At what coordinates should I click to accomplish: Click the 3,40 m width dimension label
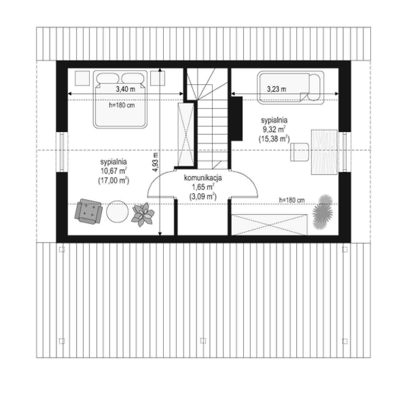pos(125,89)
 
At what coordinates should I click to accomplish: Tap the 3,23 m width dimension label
pos(277,89)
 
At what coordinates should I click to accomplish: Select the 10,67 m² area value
pos(114,170)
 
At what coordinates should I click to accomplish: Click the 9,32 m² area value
pos(274,129)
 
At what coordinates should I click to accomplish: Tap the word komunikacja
pos(203,178)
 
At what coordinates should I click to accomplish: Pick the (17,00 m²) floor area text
pos(114,181)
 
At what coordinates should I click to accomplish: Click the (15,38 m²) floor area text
pos(274,139)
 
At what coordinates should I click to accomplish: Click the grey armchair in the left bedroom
pos(88,211)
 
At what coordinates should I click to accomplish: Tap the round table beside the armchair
pos(117,211)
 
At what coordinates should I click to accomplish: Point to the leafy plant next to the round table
pos(143,214)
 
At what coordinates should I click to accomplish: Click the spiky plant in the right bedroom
pos(323,212)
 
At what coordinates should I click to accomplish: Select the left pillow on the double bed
pos(108,78)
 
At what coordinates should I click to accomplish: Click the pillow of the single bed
pos(315,87)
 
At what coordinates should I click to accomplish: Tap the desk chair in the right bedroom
pos(300,152)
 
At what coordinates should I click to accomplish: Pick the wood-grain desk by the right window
pos(324,152)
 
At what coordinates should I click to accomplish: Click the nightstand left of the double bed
pos(82,78)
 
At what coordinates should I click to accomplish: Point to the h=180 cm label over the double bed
pos(122,105)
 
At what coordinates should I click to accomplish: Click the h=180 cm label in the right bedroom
pos(292,200)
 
